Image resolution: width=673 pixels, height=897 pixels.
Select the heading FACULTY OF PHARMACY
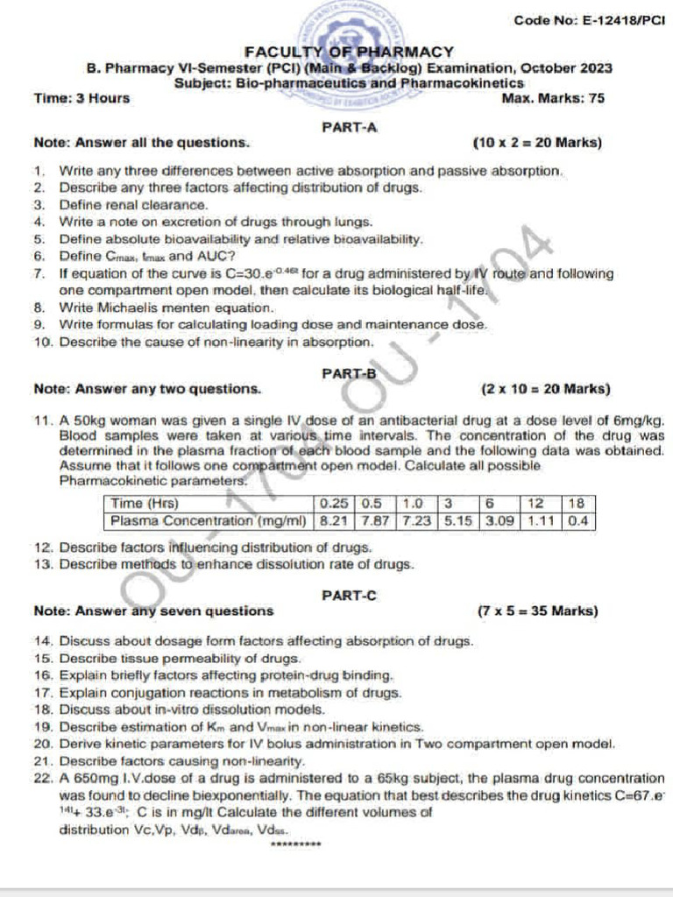(349, 53)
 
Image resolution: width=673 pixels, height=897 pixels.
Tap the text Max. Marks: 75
(553, 98)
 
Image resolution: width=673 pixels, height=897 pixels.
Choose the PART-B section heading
(349, 373)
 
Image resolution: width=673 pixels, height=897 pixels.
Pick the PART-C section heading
(349, 596)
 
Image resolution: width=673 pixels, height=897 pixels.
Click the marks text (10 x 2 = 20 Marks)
(537, 143)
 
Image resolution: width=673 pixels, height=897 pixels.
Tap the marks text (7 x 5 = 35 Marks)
(538, 611)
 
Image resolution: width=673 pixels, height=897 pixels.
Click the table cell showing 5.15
(457, 520)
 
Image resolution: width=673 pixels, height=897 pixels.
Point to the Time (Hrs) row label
(145, 504)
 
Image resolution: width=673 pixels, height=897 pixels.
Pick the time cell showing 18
(576, 504)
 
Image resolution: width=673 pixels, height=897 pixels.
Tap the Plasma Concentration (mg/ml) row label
(208, 520)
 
